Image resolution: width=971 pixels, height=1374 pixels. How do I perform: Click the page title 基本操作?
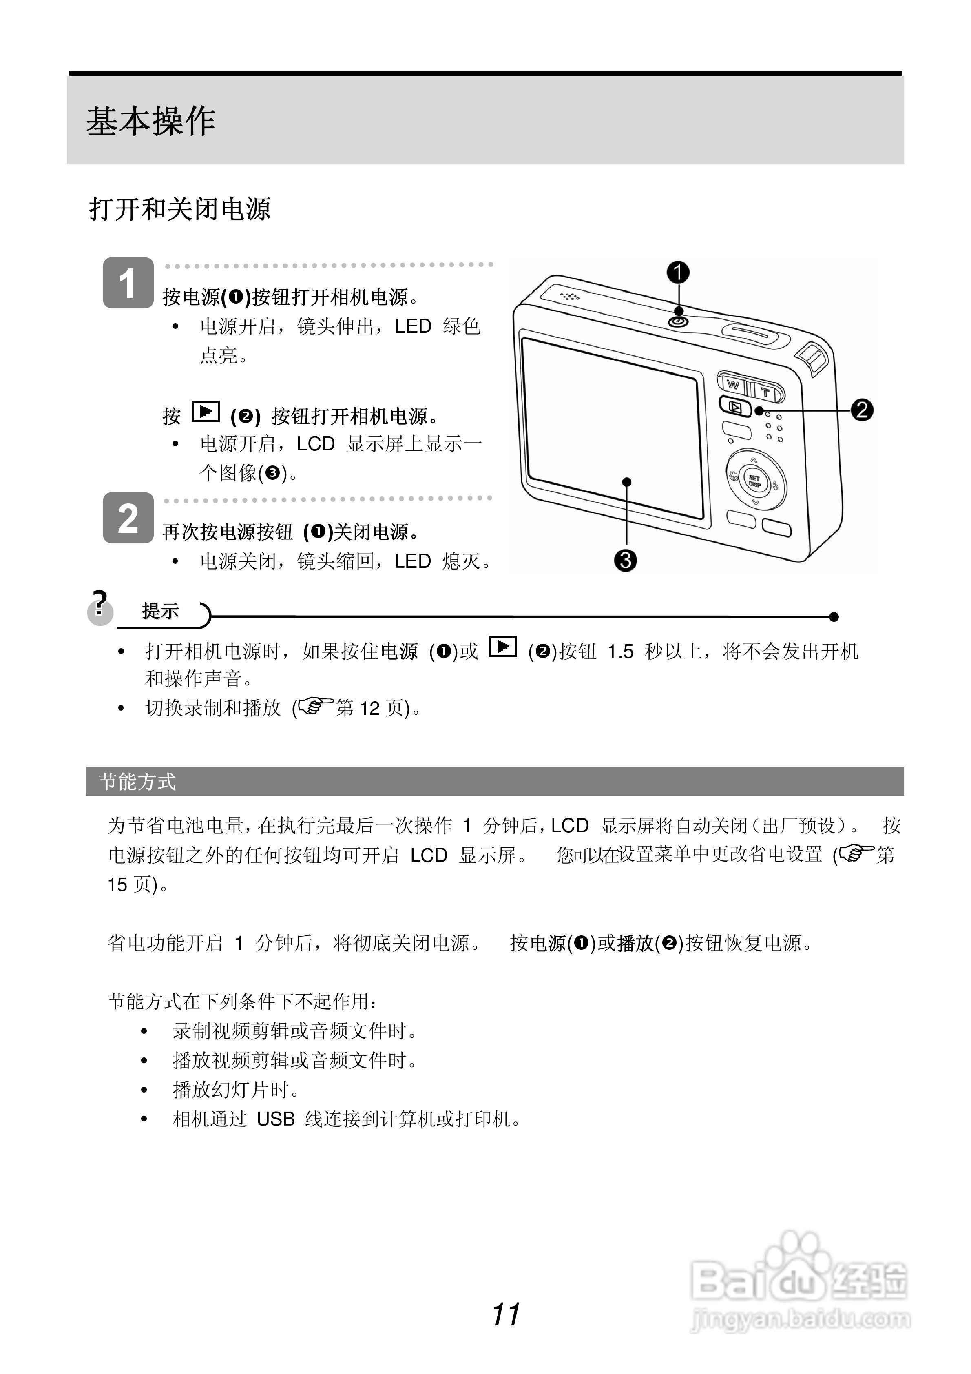[151, 122]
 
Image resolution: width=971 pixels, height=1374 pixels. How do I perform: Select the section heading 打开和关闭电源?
[179, 209]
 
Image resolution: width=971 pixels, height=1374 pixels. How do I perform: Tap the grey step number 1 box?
[128, 283]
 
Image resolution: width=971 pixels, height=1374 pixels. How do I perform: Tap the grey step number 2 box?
[128, 518]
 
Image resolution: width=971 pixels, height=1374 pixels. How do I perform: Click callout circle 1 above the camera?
[678, 273]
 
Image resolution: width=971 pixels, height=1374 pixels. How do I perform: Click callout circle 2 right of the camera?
[862, 410]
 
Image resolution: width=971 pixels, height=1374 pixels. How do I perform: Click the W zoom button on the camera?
[733, 385]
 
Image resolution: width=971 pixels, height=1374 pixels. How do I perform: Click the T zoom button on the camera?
[766, 392]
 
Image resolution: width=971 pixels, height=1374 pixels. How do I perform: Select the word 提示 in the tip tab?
[160, 611]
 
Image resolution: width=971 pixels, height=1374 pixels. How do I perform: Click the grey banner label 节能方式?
[137, 782]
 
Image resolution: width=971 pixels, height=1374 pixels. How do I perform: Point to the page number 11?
[506, 1315]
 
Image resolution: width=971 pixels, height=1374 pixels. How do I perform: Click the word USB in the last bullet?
[276, 1119]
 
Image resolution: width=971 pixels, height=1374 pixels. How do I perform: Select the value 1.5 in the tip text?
[620, 651]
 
